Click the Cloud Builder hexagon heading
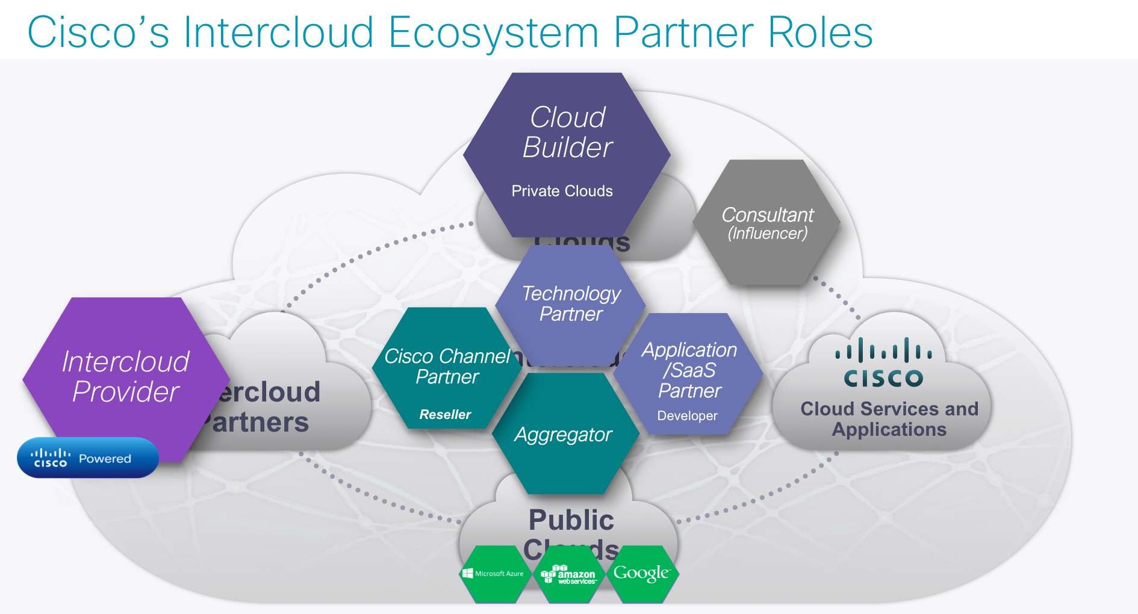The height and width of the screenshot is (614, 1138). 567,132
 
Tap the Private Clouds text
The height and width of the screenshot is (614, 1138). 562,191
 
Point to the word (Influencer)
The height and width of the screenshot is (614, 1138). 767,234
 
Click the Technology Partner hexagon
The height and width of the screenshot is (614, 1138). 570,303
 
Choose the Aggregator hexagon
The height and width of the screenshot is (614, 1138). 564,435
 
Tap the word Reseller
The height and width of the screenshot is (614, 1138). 445,415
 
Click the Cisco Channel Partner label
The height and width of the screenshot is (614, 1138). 447,366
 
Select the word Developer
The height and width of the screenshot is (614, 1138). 687,416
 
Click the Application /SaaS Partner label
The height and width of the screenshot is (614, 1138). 689,370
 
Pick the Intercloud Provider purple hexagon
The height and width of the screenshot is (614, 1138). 125,377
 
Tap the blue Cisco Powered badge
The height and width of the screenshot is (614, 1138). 88,458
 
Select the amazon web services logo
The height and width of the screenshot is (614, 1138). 569,575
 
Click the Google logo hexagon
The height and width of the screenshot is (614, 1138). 641,573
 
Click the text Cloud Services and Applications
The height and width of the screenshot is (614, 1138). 889,419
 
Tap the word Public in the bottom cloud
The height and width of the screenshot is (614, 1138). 571,520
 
